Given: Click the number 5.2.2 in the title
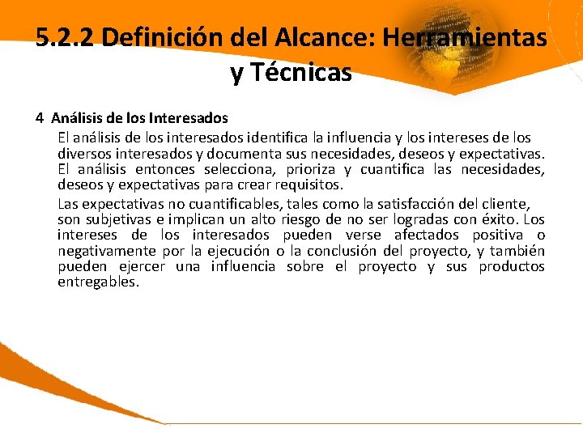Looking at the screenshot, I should [x=66, y=37].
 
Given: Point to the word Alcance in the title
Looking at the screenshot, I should [x=318, y=37].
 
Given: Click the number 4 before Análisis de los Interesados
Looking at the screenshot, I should [x=40, y=118].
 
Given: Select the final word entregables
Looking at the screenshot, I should [x=98, y=282].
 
